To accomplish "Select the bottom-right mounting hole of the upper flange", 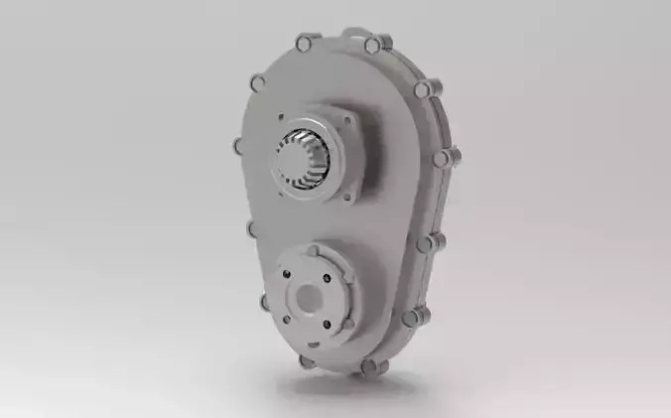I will (x=347, y=196).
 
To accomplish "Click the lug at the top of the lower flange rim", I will (x=313, y=249).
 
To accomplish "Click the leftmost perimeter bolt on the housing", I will (x=240, y=146).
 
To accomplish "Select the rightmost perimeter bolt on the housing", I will (x=452, y=157).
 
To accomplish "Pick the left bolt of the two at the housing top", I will (x=304, y=42).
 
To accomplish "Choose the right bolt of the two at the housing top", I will (x=373, y=44).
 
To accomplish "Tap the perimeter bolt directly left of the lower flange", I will (x=266, y=301).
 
